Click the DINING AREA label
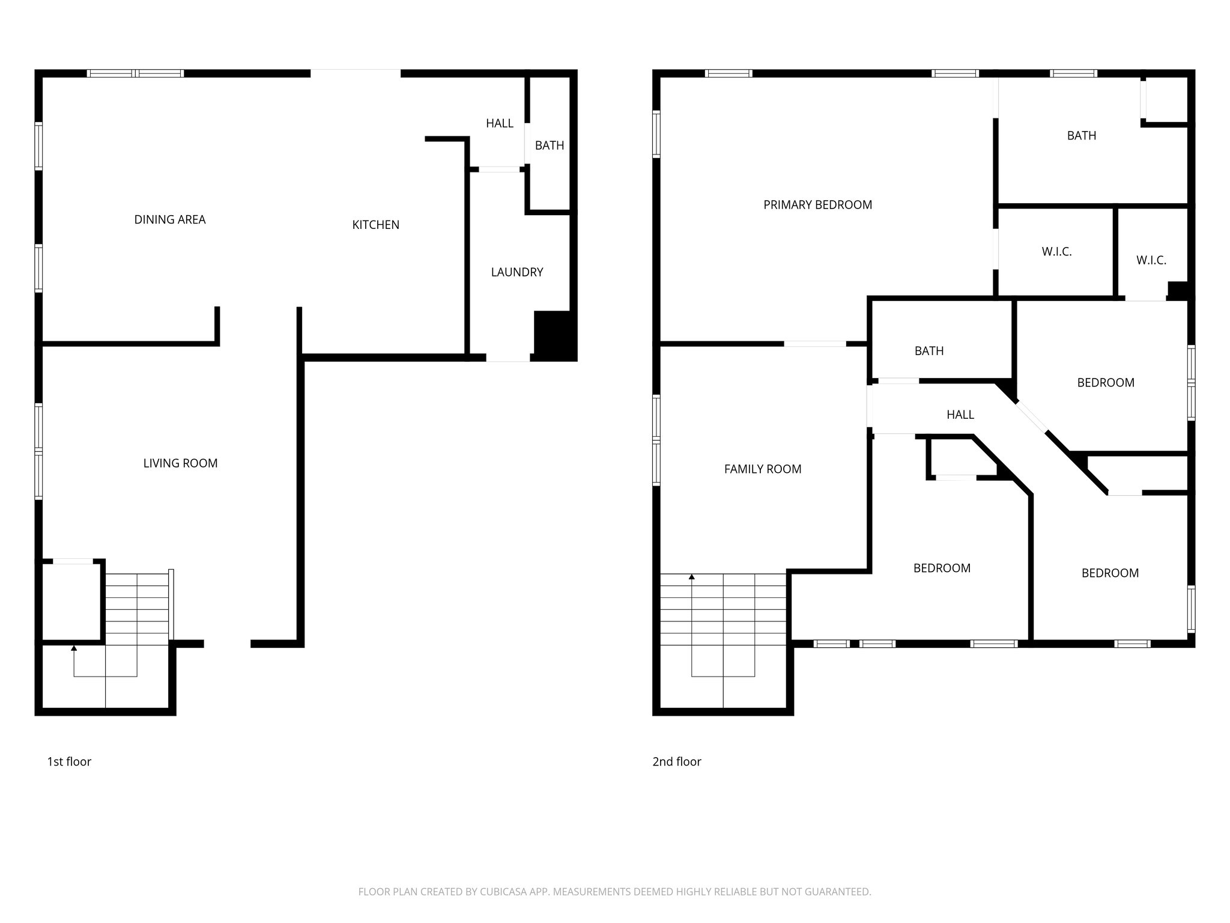(x=170, y=220)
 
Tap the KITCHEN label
(x=375, y=225)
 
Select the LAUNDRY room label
(x=517, y=272)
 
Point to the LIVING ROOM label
(x=180, y=463)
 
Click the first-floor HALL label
(x=499, y=123)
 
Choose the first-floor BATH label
(x=549, y=145)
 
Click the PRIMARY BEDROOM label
(x=817, y=205)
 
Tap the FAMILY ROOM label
(x=762, y=469)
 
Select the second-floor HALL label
(x=960, y=415)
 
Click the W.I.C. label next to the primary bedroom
(x=1056, y=252)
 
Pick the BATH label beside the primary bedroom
(x=1081, y=136)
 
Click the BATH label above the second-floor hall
(x=929, y=351)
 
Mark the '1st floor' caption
(x=69, y=762)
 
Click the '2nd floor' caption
(x=677, y=762)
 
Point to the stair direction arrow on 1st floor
(x=74, y=648)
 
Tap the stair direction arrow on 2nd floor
(x=692, y=577)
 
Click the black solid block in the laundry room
(x=554, y=335)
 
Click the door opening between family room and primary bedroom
(x=815, y=344)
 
